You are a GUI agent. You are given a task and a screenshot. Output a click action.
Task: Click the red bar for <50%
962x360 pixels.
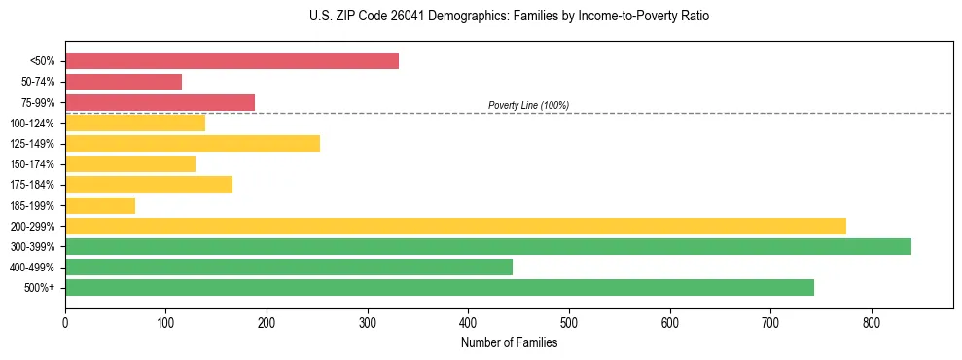[x=232, y=61]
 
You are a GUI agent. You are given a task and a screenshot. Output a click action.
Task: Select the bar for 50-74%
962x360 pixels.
[x=124, y=82]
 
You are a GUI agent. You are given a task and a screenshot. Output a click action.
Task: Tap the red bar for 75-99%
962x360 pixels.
[x=160, y=102]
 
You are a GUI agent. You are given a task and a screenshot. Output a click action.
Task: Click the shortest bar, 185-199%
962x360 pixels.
[x=100, y=205]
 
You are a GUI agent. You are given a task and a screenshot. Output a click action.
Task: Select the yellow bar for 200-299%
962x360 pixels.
[x=455, y=226]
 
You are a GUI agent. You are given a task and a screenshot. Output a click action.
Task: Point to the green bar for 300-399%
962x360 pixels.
[x=488, y=246]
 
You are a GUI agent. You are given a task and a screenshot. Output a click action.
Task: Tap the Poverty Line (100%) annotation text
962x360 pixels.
[x=528, y=105]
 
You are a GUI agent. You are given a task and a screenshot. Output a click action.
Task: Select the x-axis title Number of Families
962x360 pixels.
[x=509, y=342]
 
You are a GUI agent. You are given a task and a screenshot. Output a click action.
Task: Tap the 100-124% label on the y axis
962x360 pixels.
[x=32, y=124]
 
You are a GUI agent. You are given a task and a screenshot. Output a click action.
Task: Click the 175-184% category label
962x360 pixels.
[x=32, y=185]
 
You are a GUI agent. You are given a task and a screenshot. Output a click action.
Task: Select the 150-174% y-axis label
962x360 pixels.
[x=32, y=164]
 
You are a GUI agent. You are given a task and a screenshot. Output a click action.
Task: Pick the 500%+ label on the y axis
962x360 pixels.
[x=39, y=288]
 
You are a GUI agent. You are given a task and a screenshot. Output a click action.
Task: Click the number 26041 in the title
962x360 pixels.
[x=410, y=17]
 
